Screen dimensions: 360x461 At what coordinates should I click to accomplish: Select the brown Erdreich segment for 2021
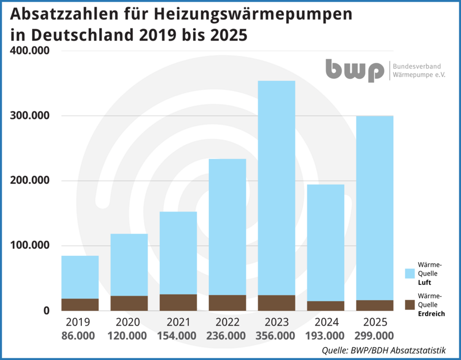pyautogui.click(x=178, y=302)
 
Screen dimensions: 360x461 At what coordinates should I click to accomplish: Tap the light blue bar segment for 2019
pyautogui.click(x=80, y=277)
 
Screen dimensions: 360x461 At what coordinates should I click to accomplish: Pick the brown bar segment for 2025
pyautogui.click(x=375, y=305)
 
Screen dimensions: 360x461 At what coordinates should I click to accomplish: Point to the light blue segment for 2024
pyautogui.click(x=326, y=243)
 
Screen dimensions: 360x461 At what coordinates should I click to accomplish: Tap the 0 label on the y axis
pyautogui.click(x=46, y=310)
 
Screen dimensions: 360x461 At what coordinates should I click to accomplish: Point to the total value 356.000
pyautogui.click(x=276, y=336)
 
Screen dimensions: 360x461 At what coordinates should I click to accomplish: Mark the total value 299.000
pyautogui.click(x=374, y=336)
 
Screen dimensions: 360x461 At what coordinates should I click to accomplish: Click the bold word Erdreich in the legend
pyautogui.click(x=431, y=313)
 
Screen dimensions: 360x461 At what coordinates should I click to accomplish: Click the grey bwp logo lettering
pyautogui.click(x=354, y=70)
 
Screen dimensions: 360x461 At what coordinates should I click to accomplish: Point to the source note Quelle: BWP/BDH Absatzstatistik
pyautogui.click(x=383, y=350)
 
